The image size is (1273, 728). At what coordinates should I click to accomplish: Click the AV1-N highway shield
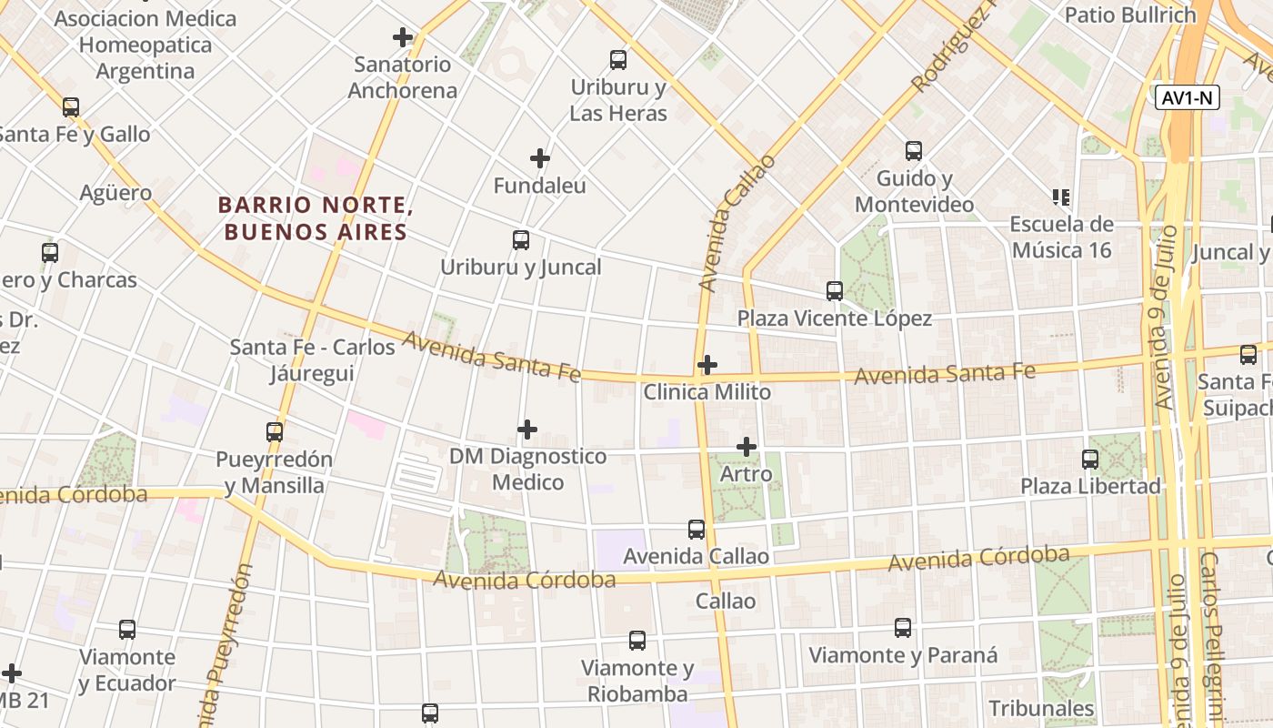click(1188, 98)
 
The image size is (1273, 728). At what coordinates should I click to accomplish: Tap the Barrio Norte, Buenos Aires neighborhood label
click(316, 218)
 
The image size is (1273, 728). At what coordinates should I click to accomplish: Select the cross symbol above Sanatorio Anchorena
click(403, 37)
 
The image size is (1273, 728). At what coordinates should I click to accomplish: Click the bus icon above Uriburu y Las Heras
click(618, 60)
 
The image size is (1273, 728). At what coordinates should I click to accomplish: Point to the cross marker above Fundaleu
click(540, 158)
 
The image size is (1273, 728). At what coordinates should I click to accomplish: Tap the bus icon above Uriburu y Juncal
click(521, 240)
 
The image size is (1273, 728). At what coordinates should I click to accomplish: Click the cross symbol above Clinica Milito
click(707, 366)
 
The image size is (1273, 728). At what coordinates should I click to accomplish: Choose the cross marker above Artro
click(747, 447)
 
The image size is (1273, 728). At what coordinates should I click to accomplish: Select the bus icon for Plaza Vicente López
click(835, 291)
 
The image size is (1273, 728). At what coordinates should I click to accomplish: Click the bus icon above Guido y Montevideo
click(914, 151)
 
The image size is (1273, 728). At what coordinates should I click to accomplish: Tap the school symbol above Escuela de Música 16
click(1060, 197)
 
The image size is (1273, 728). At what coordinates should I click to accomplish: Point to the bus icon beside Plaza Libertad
click(1090, 460)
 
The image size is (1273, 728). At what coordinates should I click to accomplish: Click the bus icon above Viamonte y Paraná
click(903, 628)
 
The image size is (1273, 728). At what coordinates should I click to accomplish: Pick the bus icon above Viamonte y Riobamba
click(637, 641)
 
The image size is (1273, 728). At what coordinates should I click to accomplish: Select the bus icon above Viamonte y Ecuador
click(127, 630)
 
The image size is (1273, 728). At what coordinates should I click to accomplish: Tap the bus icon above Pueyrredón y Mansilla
click(275, 432)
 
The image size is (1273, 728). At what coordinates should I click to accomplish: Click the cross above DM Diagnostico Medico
click(527, 430)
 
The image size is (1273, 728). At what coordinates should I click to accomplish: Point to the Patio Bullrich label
click(1130, 15)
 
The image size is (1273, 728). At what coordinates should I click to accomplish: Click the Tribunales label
click(1041, 708)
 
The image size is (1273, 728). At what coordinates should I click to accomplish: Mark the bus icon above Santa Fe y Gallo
click(71, 107)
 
